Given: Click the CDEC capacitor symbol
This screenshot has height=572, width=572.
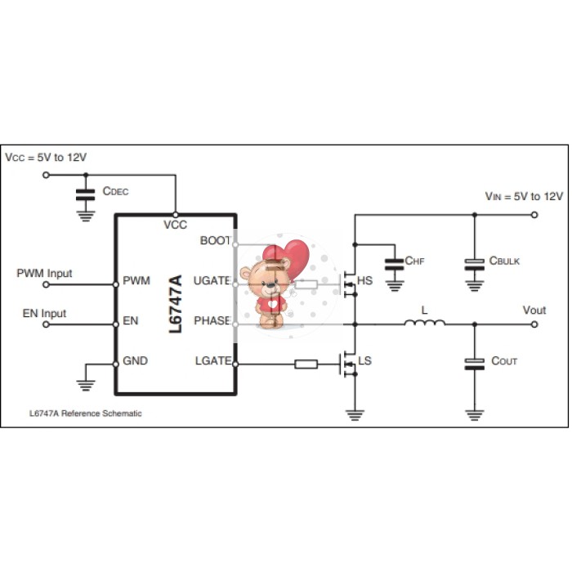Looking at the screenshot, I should pyautogui.click(x=83, y=194).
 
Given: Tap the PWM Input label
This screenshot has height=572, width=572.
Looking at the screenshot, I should pyautogui.click(x=44, y=273).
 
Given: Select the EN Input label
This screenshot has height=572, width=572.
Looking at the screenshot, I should pyautogui.click(x=43, y=313).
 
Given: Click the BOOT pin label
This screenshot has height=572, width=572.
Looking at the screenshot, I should pyautogui.click(x=216, y=241).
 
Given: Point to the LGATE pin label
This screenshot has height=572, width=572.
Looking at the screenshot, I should pyautogui.click(x=213, y=361).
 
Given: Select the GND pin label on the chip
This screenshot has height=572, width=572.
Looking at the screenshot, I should pyautogui.click(x=135, y=361).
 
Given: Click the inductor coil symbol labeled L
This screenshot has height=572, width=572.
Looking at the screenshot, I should pyautogui.click(x=424, y=324).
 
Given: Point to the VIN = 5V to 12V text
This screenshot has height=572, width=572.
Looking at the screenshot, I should pyautogui.click(x=524, y=197).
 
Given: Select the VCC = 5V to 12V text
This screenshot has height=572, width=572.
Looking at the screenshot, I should pyautogui.click(x=46, y=156).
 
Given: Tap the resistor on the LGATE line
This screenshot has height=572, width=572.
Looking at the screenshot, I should pyautogui.click(x=306, y=364).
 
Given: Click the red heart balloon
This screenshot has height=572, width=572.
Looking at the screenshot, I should pyautogui.click(x=292, y=257).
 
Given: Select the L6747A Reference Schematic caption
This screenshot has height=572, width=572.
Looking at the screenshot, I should pyautogui.click(x=85, y=413).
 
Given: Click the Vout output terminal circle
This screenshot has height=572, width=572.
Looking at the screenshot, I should pyautogui.click(x=534, y=324).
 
